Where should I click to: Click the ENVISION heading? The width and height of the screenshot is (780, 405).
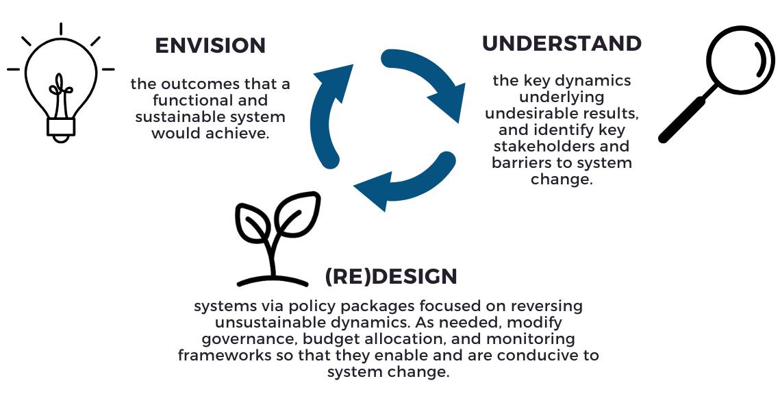tap(210, 46)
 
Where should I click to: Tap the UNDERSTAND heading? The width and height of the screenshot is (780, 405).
tap(562, 43)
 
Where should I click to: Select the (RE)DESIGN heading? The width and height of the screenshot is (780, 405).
tap(391, 276)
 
